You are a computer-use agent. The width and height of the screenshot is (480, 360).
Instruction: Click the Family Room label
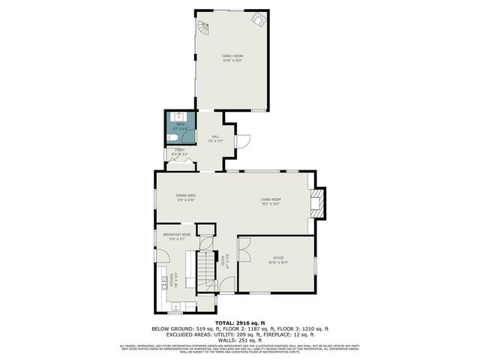pyautogui.click(x=232, y=58)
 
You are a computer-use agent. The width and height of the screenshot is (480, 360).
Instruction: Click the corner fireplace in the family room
pyautogui.click(x=258, y=20)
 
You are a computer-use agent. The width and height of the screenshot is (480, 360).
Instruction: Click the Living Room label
pyautogui.click(x=270, y=202)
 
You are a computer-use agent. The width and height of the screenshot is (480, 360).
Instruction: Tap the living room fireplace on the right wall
pyautogui.click(x=319, y=202)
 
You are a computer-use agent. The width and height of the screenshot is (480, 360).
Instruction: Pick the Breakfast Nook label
pyautogui.click(x=177, y=237)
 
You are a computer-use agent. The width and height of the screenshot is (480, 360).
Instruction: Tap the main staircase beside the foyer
pyautogui.click(x=205, y=270)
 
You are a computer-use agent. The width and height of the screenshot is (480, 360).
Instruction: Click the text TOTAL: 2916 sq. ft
pyautogui.click(x=240, y=322)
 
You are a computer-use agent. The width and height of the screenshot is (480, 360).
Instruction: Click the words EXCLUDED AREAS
pyautogui.click(x=181, y=334)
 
